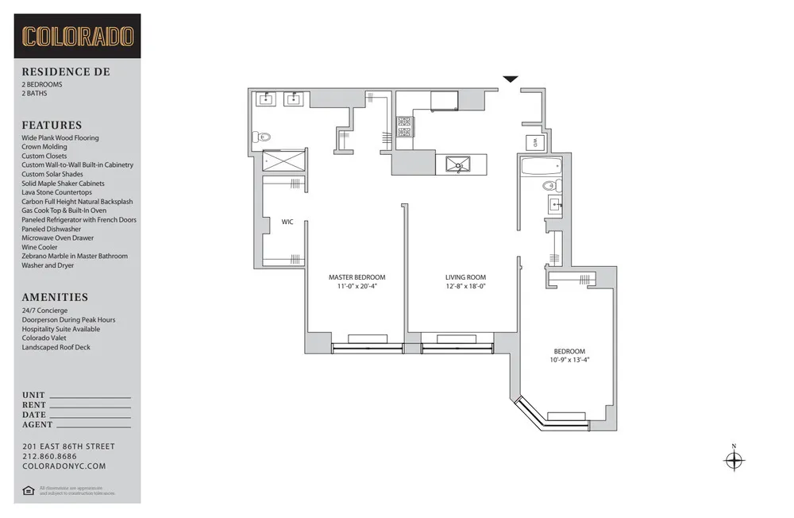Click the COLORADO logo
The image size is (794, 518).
click(x=77, y=37)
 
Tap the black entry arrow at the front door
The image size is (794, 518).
click(x=511, y=79)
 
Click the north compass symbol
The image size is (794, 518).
click(x=734, y=460)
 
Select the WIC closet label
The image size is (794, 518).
click(x=287, y=222)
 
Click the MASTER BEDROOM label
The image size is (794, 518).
click(x=357, y=277)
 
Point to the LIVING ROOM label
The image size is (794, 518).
click(x=464, y=277)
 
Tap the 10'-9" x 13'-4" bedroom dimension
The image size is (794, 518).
click(x=569, y=360)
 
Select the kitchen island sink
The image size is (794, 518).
click(x=458, y=164)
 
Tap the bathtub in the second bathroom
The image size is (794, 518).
click(x=541, y=166)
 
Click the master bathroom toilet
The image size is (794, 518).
click(x=261, y=137)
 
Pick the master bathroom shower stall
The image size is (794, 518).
click(x=283, y=161)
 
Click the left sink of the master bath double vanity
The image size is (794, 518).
click(x=264, y=99)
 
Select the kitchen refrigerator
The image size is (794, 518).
click(x=445, y=100)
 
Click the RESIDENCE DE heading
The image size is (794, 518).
click(x=66, y=72)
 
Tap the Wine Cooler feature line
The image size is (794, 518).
click(x=40, y=247)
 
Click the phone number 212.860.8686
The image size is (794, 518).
click(x=49, y=457)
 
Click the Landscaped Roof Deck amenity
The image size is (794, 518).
click(x=56, y=347)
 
